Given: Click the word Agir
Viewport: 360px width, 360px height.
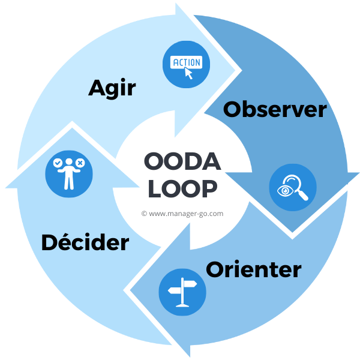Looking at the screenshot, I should (112, 88).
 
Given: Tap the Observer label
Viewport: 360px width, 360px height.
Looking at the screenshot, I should (275, 110).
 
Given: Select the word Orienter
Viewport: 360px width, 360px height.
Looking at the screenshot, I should (253, 269).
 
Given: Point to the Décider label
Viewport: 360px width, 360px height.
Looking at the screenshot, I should (85, 242).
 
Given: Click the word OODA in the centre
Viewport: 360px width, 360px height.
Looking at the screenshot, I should (183, 162).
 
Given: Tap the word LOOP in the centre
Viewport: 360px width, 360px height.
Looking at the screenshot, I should (182, 190).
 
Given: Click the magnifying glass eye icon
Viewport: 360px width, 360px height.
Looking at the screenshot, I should (293, 187).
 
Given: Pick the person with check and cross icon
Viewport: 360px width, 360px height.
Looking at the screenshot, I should (68, 173).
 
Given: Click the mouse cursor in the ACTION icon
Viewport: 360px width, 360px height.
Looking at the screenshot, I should (189, 74).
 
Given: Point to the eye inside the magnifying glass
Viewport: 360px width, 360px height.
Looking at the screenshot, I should (286, 190).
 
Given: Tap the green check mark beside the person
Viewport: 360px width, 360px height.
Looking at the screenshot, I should (57, 163).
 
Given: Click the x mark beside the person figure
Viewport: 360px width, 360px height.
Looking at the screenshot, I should (80, 162).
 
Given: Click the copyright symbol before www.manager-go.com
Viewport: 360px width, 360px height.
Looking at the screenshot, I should (144, 213).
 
